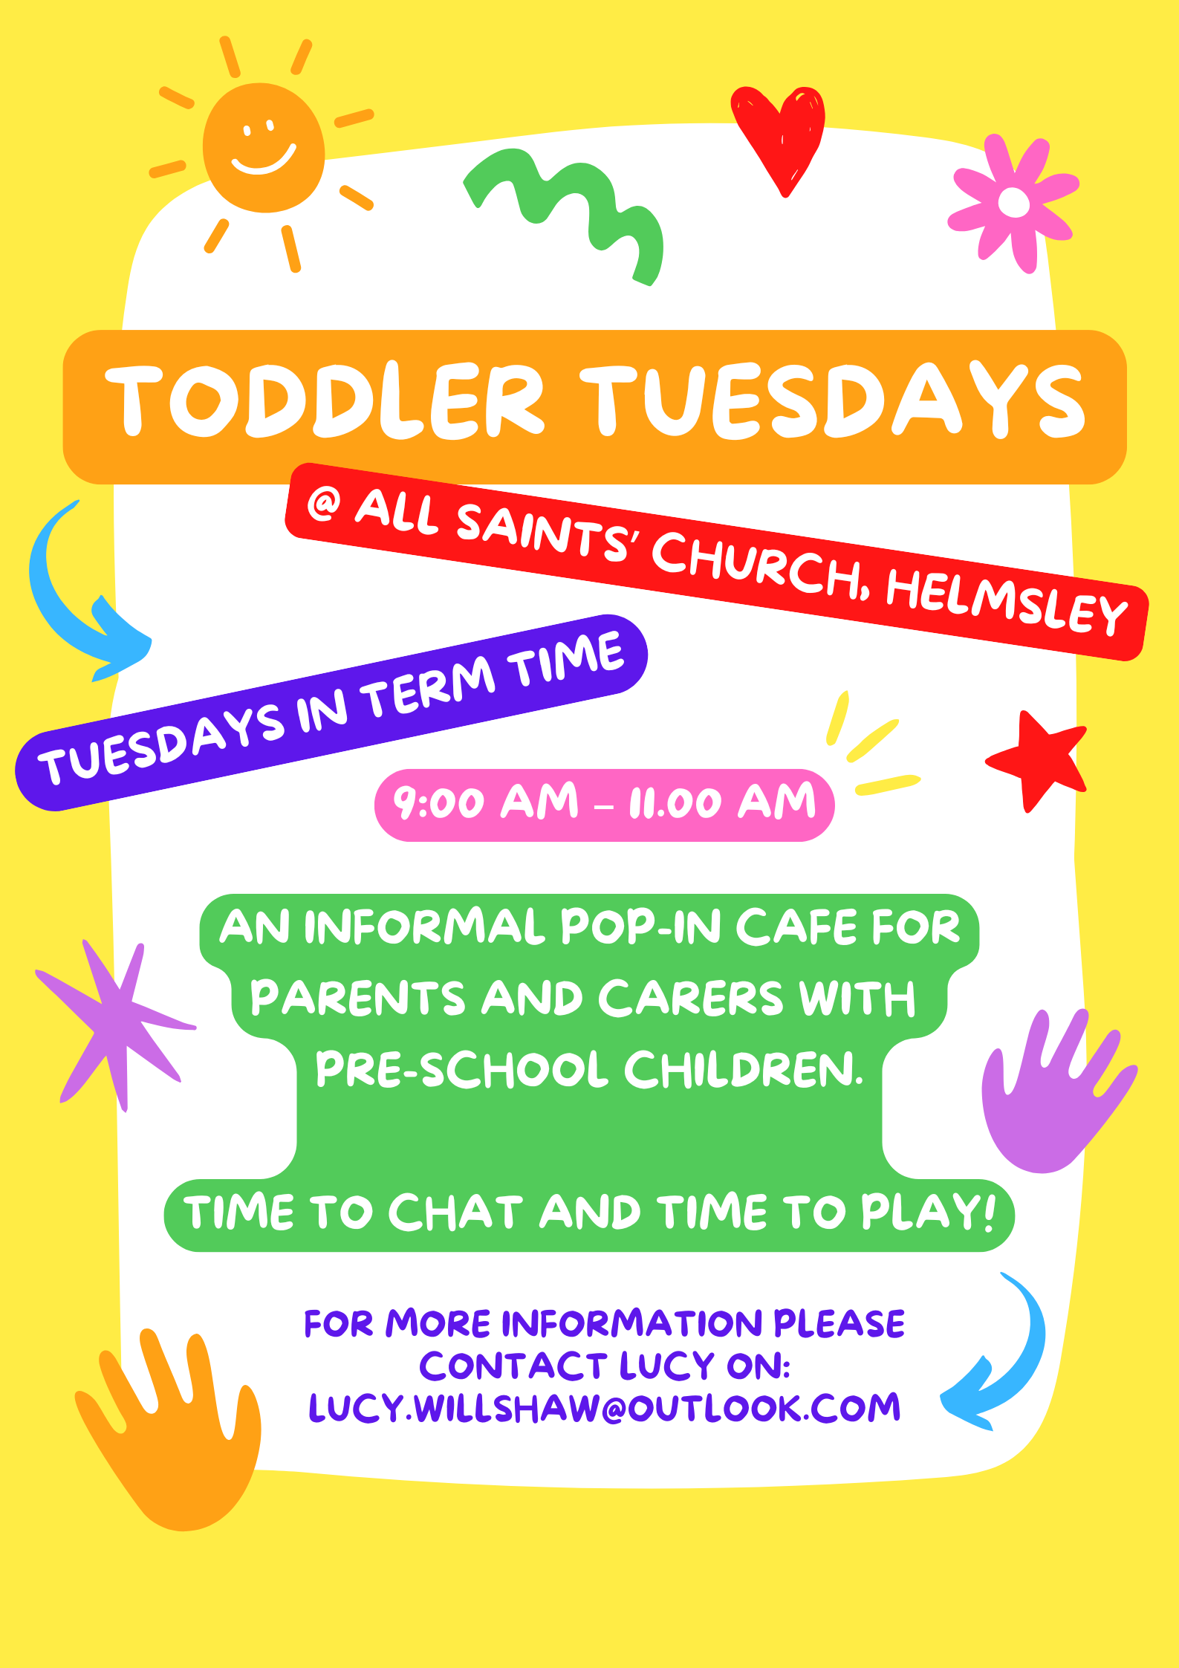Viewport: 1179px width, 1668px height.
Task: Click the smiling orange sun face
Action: (x=264, y=147)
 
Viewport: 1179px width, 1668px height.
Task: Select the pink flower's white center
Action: (x=1014, y=202)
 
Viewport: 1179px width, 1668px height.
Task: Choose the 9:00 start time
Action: (x=438, y=803)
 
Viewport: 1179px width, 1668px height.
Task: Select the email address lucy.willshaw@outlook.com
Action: (x=604, y=1408)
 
